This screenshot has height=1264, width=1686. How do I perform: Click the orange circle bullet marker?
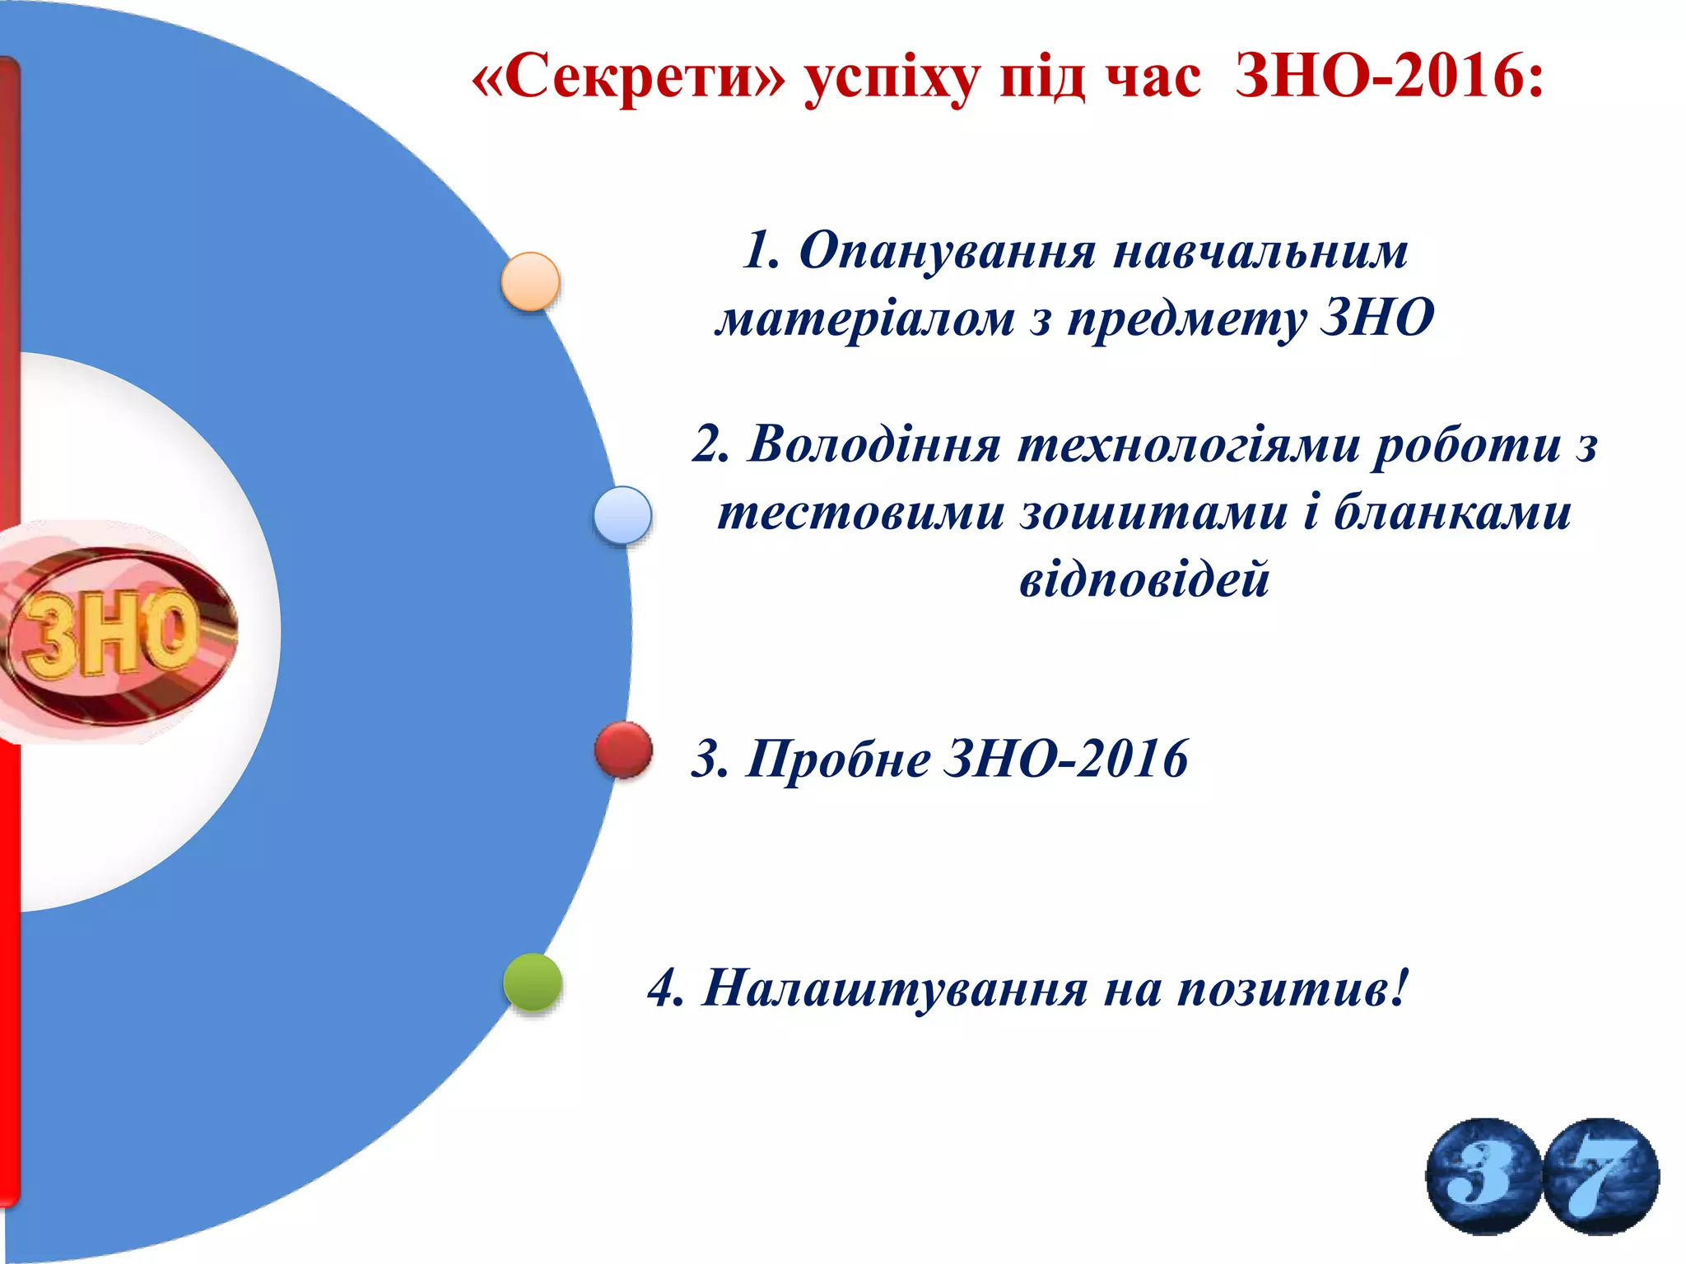pos(531,281)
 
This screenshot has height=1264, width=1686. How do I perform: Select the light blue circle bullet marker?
pos(622,515)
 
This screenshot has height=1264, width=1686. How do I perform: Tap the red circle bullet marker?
pos(623,750)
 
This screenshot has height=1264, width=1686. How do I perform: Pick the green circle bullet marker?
pos(533,982)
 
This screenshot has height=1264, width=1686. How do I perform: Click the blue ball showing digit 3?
pos(1483,1176)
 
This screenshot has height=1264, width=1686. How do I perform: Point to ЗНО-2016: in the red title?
pos(1389,78)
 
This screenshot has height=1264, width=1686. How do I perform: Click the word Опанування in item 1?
pos(947,250)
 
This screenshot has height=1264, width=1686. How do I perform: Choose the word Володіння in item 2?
pos(873,445)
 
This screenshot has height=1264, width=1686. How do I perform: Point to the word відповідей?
pos(1144,579)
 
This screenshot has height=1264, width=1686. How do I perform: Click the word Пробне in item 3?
pos(838,759)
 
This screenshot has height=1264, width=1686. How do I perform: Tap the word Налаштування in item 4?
pos(894,987)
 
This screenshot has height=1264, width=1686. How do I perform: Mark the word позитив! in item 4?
pos(1292,987)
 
